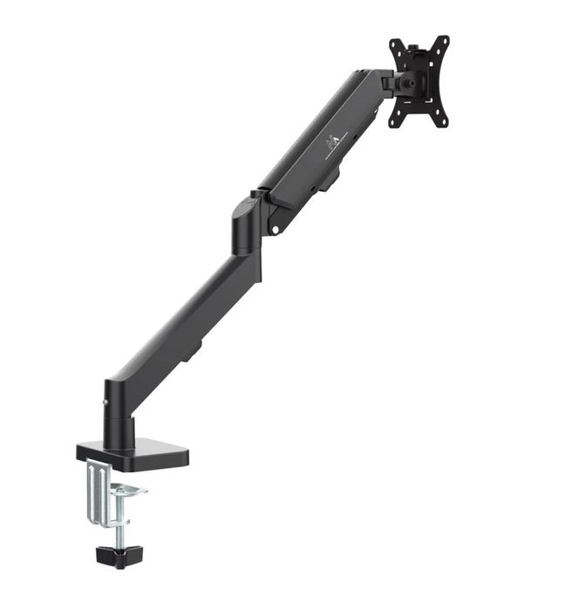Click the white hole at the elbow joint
point(276,230)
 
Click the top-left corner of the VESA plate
point(394,44)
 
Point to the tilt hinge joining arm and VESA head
point(387,82)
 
